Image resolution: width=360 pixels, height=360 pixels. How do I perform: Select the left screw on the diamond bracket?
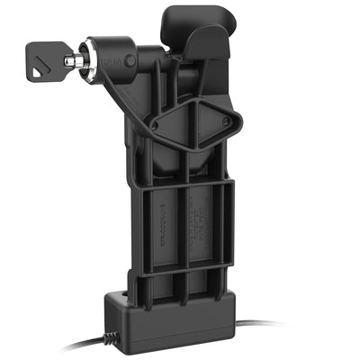(x=152, y=125)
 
